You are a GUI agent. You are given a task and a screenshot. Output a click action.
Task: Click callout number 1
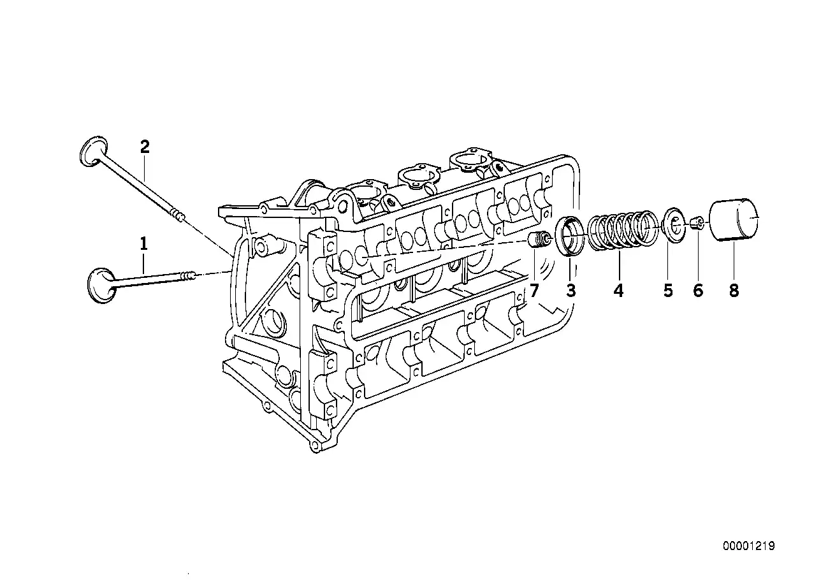(x=144, y=243)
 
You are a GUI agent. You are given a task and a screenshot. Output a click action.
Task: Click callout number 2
(x=145, y=147)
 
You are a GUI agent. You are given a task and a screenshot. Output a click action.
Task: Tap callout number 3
(x=570, y=291)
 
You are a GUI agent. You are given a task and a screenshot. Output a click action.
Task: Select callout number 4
(x=618, y=291)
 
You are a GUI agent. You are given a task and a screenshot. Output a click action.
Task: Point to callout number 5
(x=668, y=291)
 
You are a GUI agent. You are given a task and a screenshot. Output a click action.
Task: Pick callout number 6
(x=698, y=291)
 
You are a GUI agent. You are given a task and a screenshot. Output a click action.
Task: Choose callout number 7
(x=534, y=291)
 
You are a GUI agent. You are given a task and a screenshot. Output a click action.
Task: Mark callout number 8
(x=734, y=291)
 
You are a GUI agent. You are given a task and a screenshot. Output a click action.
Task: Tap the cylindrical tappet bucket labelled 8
(x=734, y=221)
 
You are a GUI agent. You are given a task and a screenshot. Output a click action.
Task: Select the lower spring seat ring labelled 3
(x=570, y=236)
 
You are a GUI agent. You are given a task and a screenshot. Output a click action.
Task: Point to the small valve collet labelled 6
(x=698, y=222)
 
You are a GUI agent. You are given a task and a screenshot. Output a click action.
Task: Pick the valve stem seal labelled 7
(x=540, y=241)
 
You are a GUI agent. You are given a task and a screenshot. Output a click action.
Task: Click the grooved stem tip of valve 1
(x=188, y=275)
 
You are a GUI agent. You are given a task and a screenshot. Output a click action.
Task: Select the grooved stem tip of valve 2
(x=178, y=215)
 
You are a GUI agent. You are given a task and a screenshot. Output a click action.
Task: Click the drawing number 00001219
(x=748, y=546)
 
